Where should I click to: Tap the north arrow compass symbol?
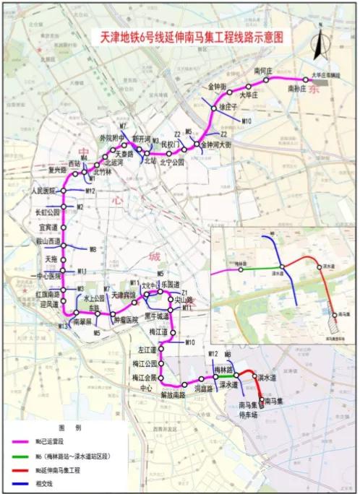317,45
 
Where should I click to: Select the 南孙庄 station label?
298,88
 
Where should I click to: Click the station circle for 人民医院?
64,191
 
